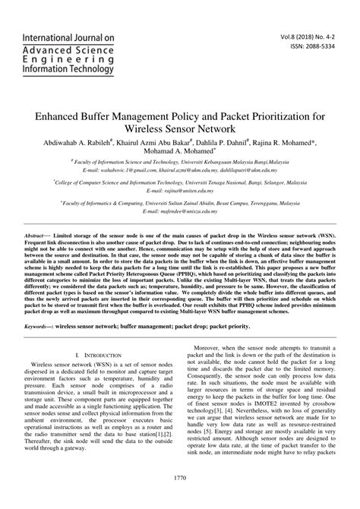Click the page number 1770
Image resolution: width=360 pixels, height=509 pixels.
(x=179, y=498)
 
